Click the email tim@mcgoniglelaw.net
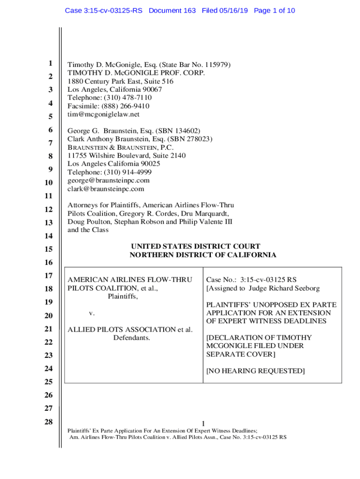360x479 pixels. (x=103, y=115)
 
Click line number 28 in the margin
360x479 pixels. (x=48, y=422)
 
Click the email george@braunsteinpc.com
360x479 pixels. (x=108, y=181)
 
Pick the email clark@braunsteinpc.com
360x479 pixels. (x=106, y=189)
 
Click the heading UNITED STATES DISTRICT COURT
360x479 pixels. (x=195, y=247)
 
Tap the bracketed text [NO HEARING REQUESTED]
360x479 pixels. (x=255, y=371)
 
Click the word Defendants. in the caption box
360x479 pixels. (x=131, y=338)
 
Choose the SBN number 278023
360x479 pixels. (x=199, y=139)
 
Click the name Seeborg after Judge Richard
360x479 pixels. (x=306, y=288)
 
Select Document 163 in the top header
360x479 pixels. (x=172, y=10)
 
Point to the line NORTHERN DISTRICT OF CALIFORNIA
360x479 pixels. (x=202, y=255)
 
